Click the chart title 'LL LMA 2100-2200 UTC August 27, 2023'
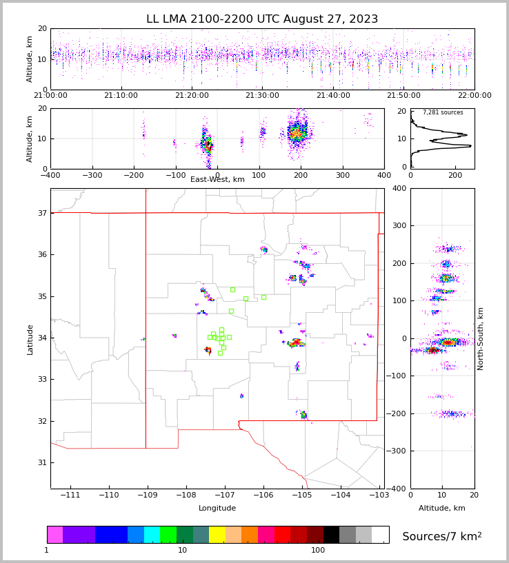pos(262,19)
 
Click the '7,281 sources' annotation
pos(443,112)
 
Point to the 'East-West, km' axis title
pos(217,180)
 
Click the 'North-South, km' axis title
pos(481,338)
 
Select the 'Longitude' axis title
pos(217,509)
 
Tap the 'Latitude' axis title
pos(30,339)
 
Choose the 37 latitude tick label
pos(41,213)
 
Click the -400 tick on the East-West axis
pos(50,175)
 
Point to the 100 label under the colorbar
pos(318,551)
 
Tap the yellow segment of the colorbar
pos(217,535)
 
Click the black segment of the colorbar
pos(332,535)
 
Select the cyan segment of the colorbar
pos(152,535)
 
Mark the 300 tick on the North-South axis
pos(399,225)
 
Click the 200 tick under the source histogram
pos(455,175)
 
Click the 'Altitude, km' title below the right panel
pos(442,509)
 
